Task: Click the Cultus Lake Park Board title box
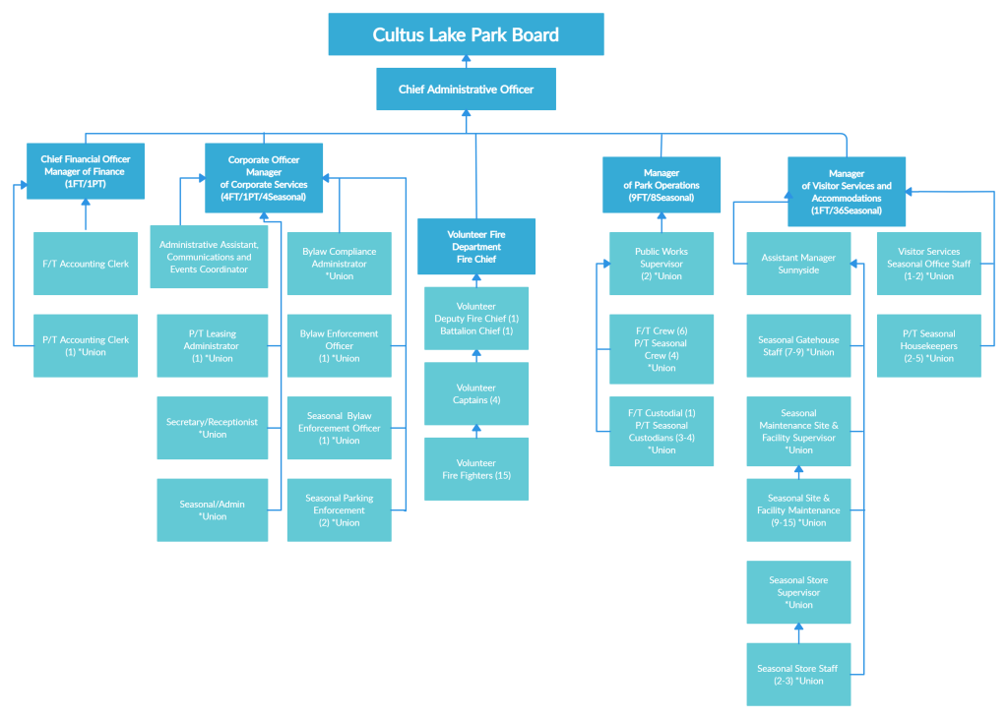pos(466,34)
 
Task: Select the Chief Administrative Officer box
pos(466,90)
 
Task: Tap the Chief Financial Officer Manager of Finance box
pos(86,171)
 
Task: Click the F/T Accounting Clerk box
pos(86,264)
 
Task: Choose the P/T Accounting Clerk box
pos(86,345)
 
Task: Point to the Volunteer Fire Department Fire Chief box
pos(476,247)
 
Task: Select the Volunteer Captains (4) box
pos(476,393)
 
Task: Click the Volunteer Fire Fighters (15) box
pos(476,469)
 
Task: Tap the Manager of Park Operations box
pos(661,185)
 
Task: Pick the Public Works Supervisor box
pos(661,264)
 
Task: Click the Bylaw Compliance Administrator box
pos(339,264)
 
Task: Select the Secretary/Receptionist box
pos(212,428)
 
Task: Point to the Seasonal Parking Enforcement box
pos(339,509)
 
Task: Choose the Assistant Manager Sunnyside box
pos(798,264)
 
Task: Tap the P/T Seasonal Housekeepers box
pos(928,345)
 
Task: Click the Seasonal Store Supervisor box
pos(798,592)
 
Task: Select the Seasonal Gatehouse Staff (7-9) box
pos(798,345)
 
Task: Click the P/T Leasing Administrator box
pos(212,345)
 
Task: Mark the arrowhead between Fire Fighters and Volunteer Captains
pos(476,430)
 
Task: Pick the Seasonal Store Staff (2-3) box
pos(798,674)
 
